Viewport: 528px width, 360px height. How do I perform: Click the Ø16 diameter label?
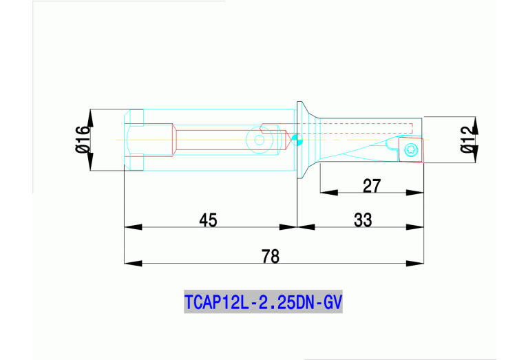(82, 140)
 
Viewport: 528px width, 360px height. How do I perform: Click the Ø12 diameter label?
(469, 140)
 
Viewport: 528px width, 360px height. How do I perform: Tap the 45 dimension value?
(208, 220)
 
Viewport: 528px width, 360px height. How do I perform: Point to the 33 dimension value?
(363, 220)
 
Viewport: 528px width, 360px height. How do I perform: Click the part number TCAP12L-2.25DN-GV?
(264, 302)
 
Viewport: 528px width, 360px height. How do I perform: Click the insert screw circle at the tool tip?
(412, 150)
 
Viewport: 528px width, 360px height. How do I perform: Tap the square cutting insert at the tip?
(410, 150)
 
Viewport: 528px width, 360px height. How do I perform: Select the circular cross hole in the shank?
(260, 140)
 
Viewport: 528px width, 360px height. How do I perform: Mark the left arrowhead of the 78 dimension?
(131, 263)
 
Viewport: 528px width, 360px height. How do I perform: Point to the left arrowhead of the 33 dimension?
(305, 226)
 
